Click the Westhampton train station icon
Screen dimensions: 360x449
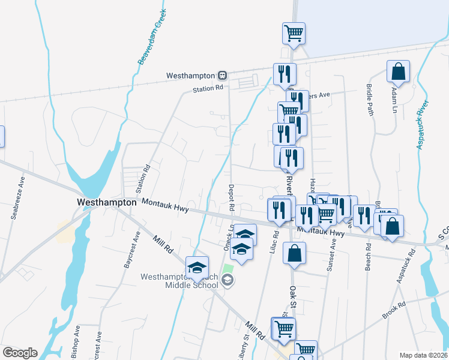[222, 76]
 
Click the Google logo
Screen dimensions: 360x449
[20, 353]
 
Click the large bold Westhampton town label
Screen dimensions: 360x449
[107, 203]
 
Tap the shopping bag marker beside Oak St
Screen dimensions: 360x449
[294, 253]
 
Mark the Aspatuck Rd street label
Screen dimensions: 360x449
[410, 262]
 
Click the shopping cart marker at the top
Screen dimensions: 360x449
[294, 34]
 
